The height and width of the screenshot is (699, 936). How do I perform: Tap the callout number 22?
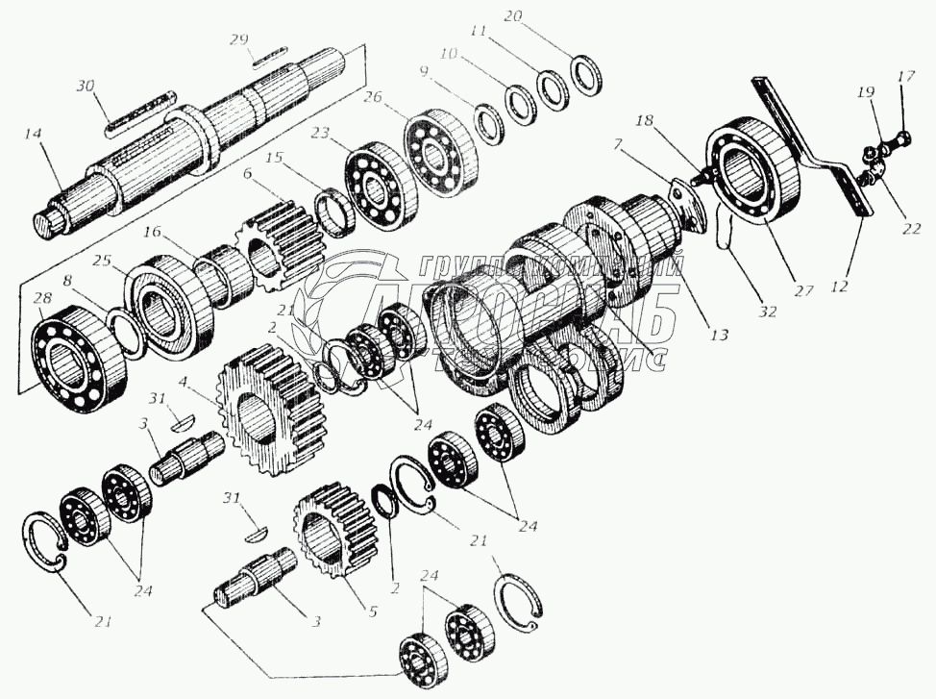(912, 229)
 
